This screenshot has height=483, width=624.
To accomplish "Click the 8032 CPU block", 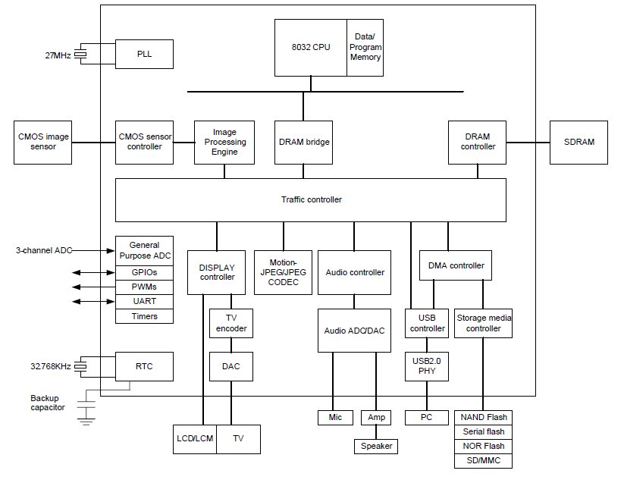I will [311, 47].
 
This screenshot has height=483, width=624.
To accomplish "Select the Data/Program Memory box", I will [365, 47].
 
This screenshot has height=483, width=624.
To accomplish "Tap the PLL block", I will [144, 54].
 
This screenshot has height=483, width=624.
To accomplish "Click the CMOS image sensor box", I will [43, 142].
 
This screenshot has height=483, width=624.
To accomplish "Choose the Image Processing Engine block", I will [224, 142].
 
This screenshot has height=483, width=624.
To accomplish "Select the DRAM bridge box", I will [303, 142].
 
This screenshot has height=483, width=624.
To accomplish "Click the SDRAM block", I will [579, 142].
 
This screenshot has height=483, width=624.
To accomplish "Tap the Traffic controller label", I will [311, 200].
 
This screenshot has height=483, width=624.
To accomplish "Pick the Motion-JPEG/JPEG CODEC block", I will [284, 272].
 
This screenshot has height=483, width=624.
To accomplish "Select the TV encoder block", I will [230, 324].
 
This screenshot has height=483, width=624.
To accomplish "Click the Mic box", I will [335, 418].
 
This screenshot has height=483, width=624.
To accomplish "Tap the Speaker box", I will [376, 446].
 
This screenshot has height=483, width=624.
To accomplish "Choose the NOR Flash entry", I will [484, 446].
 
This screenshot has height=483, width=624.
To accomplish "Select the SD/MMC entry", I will [484, 460].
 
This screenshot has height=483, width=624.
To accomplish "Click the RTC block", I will [144, 366].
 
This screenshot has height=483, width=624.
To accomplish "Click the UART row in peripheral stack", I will [144, 302].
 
